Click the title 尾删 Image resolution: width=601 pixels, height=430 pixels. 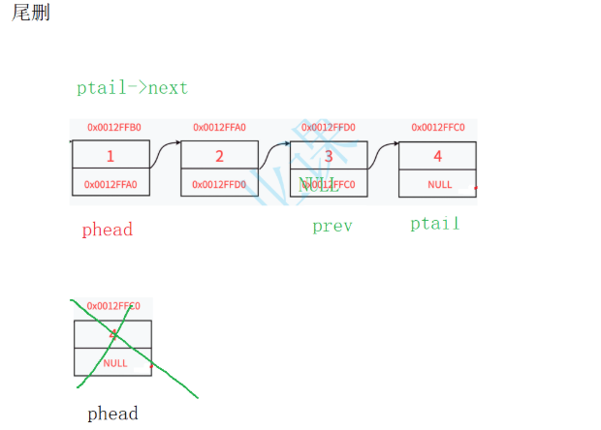tap(30, 15)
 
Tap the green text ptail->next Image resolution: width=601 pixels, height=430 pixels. tap(132, 88)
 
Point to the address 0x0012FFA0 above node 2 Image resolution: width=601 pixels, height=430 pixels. tap(219, 127)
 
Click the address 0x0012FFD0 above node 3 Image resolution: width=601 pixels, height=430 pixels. tap(328, 127)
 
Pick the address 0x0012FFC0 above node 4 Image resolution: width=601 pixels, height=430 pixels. tap(438, 127)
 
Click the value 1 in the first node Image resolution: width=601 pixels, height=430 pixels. tap(111, 155)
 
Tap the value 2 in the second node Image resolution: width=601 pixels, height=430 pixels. tap(219, 155)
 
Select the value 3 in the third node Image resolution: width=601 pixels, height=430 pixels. tap(329, 155)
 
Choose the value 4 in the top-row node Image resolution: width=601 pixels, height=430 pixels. tap(437, 155)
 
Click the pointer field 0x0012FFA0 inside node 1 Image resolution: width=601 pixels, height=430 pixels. tap(111, 184)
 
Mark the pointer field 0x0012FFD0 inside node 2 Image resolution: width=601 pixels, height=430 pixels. tap(219, 184)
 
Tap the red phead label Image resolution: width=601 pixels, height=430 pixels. tap(107, 230)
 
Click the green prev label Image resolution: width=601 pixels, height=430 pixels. tap(332, 227)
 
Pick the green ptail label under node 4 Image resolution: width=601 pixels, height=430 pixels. tap(434, 224)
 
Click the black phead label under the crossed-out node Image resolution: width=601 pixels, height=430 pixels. tap(112, 414)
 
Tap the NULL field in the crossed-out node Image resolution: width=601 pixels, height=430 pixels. tap(114, 363)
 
